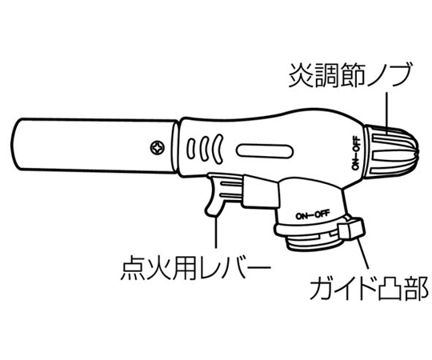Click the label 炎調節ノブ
click(x=350, y=75)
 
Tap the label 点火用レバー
click(x=196, y=267)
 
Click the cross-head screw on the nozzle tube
click(x=158, y=148)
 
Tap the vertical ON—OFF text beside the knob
click(x=356, y=152)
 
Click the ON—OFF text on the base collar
click(x=313, y=214)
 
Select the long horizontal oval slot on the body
click(x=265, y=151)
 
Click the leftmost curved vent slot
click(x=190, y=149)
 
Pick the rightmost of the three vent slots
click(x=218, y=148)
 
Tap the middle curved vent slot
click(x=204, y=148)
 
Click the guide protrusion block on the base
click(x=352, y=227)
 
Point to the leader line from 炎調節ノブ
click(x=387, y=113)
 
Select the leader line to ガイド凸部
click(x=363, y=253)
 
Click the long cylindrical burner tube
click(x=94, y=146)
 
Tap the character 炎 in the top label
click(x=301, y=75)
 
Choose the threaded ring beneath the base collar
click(x=314, y=242)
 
